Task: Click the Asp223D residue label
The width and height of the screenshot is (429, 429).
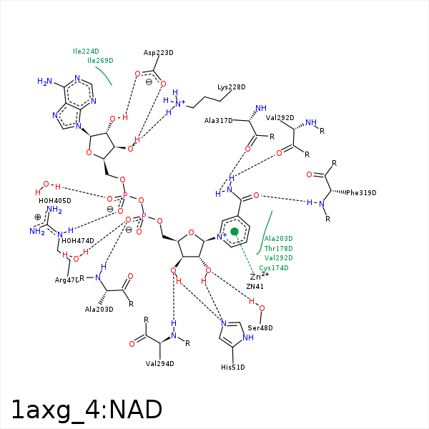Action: click(x=159, y=53)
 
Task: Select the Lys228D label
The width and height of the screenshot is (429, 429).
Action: click(x=232, y=87)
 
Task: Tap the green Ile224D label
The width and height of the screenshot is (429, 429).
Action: click(x=86, y=51)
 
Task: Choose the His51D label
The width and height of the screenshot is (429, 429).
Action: click(x=232, y=367)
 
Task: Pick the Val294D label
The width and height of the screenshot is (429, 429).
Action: click(x=159, y=363)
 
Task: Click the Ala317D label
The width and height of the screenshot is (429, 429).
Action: click(x=219, y=121)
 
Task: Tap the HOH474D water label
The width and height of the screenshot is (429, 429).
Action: click(x=78, y=240)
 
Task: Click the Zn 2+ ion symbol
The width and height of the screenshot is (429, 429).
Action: click(x=257, y=276)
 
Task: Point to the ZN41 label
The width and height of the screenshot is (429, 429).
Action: click(x=255, y=287)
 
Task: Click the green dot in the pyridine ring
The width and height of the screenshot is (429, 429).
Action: click(x=235, y=232)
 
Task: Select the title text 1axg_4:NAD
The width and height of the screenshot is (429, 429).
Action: click(x=86, y=409)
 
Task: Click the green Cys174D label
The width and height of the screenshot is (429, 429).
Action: click(x=274, y=267)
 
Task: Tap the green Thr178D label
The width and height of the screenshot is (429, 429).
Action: click(x=278, y=248)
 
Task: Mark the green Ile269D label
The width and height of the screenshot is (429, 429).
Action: click(x=100, y=61)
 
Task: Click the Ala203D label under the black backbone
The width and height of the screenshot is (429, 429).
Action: click(x=99, y=310)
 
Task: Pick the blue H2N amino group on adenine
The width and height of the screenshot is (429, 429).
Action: click(x=45, y=82)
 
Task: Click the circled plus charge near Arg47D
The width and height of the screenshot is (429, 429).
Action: click(x=38, y=217)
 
